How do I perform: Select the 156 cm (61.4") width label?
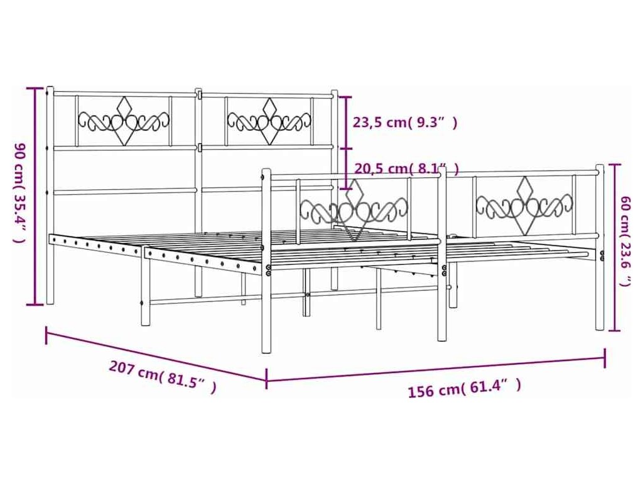point(464,389)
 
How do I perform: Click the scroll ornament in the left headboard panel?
point(124,120)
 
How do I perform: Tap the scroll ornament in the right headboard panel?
point(269,120)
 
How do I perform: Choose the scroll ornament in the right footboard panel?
point(524,204)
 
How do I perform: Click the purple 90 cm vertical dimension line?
point(35,195)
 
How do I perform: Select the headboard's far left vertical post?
point(50,195)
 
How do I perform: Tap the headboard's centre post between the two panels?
point(198,189)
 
